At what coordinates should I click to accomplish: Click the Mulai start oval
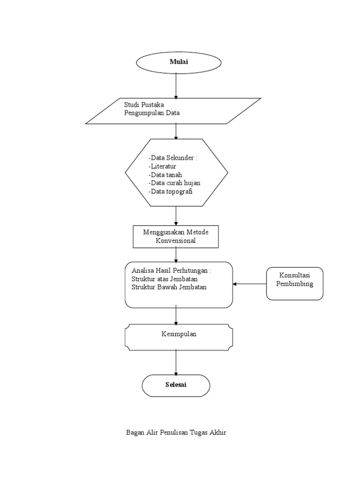pyautogui.click(x=179, y=62)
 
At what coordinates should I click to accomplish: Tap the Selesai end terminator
pyautogui.click(x=176, y=385)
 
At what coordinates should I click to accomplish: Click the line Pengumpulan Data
pyautogui.click(x=151, y=113)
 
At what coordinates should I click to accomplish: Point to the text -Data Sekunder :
pyautogui.click(x=172, y=158)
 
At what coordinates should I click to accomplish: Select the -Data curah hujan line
pyautogui.click(x=174, y=183)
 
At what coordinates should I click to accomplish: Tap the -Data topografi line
pyautogui.click(x=170, y=191)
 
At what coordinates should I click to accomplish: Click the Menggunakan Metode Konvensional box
pyautogui.click(x=176, y=237)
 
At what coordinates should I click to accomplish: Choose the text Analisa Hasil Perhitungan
pyautogui.click(x=172, y=270)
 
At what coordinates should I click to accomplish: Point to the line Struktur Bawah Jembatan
pyautogui.click(x=169, y=287)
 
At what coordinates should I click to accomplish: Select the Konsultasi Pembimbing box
pyautogui.click(x=294, y=284)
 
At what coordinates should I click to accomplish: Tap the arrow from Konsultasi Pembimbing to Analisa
pyautogui.click(x=250, y=284)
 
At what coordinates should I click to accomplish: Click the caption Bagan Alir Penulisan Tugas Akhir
pyautogui.click(x=176, y=432)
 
